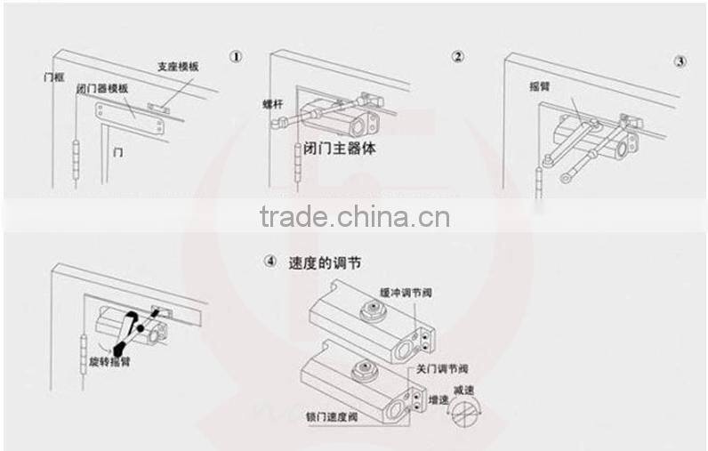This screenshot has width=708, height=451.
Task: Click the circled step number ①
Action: pyautogui.click(x=236, y=56)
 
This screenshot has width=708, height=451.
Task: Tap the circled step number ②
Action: pyautogui.click(x=458, y=56)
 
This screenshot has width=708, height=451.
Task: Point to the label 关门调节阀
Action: pyautogui.click(x=438, y=368)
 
